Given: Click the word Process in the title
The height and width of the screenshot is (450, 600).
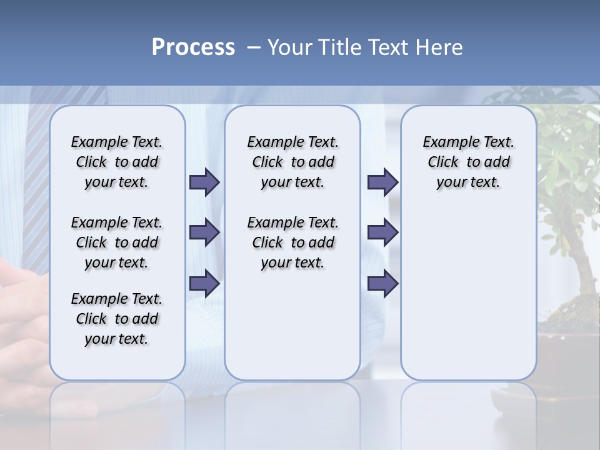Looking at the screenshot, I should coord(193,47).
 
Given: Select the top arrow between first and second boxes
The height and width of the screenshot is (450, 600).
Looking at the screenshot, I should coord(204,182).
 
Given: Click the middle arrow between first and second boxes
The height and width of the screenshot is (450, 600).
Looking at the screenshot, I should coord(204,232).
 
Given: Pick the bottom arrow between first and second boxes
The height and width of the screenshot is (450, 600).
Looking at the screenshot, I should coord(204,283).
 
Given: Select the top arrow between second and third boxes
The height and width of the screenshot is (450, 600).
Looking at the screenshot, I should coord(382,182).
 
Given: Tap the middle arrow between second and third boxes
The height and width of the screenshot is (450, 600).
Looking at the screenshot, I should coord(382,232).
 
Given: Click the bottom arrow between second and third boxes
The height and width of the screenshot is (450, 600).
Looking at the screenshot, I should coord(382,283).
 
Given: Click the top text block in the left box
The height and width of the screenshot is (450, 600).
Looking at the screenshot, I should coord(117,162).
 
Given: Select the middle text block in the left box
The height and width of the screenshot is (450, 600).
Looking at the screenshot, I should coord(117,242).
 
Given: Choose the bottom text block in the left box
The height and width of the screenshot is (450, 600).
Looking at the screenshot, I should coord(117,319).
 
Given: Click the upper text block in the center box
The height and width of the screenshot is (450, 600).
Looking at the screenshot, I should coord(292,162).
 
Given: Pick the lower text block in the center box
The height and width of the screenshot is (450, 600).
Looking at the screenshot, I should coord(292,242).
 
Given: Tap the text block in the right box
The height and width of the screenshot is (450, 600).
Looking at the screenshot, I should coord(468,162).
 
